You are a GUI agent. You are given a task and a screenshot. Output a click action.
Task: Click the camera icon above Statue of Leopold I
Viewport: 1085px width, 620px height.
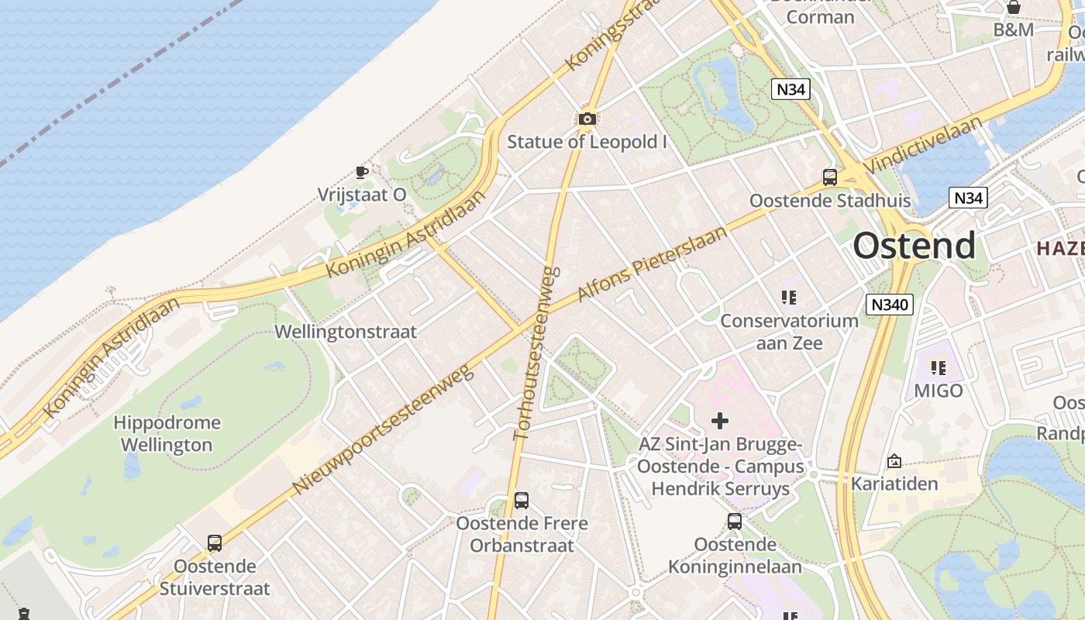pyautogui.click(x=587, y=119)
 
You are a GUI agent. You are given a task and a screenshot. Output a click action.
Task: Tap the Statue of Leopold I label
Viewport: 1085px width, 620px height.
pyautogui.click(x=587, y=142)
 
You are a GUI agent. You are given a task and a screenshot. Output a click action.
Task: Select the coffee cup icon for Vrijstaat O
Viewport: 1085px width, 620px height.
pyautogui.click(x=361, y=171)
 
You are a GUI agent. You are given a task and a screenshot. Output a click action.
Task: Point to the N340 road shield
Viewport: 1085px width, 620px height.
pyautogui.click(x=889, y=305)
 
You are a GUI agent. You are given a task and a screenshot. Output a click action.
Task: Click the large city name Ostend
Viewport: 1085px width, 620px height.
pyautogui.click(x=914, y=246)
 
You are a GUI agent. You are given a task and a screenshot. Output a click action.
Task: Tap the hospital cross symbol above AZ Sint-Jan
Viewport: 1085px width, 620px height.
pyautogui.click(x=720, y=421)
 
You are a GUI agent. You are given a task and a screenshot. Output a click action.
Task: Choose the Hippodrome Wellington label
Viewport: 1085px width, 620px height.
pyautogui.click(x=167, y=433)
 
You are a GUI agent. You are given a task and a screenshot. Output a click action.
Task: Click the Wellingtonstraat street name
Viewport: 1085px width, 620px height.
pyautogui.click(x=346, y=332)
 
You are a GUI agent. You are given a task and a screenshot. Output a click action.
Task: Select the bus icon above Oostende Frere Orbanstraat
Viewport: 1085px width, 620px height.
pyautogui.click(x=522, y=501)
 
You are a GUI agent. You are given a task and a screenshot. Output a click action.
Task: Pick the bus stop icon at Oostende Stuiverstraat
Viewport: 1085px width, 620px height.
pyautogui.click(x=215, y=543)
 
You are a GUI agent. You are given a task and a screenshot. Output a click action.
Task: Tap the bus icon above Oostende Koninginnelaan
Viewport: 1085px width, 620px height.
pyautogui.click(x=735, y=522)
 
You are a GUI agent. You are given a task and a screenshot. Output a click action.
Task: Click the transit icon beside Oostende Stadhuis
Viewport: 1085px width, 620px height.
pyautogui.click(x=830, y=177)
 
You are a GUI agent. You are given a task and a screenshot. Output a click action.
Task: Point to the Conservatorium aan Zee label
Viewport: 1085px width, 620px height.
pyautogui.click(x=789, y=331)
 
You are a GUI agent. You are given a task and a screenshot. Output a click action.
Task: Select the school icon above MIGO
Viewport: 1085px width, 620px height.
pyautogui.click(x=939, y=368)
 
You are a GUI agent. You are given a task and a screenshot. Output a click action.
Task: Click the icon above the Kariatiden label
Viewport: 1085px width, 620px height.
pyautogui.click(x=894, y=461)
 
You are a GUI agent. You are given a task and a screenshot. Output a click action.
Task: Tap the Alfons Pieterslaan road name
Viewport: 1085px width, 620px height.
pyautogui.click(x=653, y=263)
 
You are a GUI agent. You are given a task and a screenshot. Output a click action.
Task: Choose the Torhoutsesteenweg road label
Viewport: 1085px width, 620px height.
pyautogui.click(x=536, y=353)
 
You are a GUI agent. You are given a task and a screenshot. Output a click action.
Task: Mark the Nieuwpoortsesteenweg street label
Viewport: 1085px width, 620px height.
pyautogui.click(x=384, y=430)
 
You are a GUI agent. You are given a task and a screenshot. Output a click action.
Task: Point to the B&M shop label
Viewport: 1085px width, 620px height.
pyautogui.click(x=1014, y=29)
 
